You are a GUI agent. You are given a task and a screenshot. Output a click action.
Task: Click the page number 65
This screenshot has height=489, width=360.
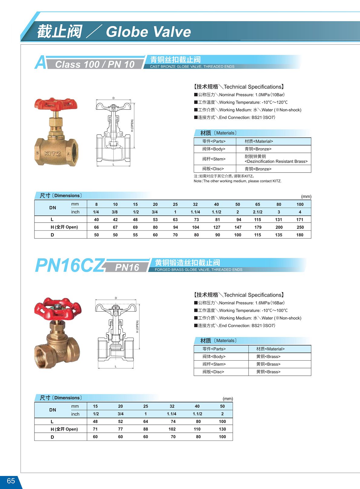coord(11,481)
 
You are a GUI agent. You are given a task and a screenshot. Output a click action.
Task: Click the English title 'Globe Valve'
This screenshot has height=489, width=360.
coord(148,32)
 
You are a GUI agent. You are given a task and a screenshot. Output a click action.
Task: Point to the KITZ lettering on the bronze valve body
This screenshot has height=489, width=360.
coord(53,154)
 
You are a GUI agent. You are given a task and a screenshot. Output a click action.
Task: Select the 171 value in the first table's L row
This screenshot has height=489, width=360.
coord(300,220)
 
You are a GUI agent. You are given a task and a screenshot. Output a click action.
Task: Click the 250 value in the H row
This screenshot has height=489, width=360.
coord(300,227)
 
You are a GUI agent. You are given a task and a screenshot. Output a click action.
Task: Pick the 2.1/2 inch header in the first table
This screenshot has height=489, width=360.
coord(257,212)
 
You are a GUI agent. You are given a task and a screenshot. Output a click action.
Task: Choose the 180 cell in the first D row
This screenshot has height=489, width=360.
coord(300,235)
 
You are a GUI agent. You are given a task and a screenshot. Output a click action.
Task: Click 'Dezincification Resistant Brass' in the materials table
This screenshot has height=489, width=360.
coord(276,161)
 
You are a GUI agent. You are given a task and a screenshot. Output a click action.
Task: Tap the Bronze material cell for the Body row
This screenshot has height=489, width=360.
coord(258,149)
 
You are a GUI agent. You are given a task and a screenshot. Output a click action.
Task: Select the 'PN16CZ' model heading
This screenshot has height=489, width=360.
coord(70,266)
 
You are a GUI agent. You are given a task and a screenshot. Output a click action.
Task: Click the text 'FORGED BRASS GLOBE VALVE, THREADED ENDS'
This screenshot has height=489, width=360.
coord(198,269)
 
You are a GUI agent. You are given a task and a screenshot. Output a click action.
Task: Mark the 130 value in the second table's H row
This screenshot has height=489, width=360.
coord(222,429)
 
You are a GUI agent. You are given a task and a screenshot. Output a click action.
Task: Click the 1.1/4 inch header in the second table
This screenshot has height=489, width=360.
coord(172,414)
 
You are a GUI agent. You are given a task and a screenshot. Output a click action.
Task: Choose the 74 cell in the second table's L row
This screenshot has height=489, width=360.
coord(173,421)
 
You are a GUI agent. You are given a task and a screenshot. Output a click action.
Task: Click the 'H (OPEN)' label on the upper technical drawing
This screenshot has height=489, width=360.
coord(132,125)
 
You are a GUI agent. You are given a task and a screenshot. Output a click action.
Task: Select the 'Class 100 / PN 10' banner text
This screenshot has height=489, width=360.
coord(95,64)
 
